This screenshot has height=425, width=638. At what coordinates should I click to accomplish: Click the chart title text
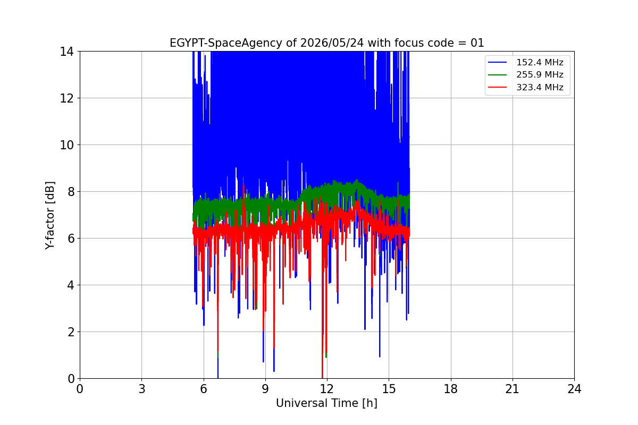(x=326, y=43)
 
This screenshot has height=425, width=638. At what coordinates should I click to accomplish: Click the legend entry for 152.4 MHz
(x=525, y=62)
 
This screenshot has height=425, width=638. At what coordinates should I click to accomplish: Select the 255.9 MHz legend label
(x=540, y=74)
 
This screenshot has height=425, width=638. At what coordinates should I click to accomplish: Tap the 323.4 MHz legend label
(x=540, y=87)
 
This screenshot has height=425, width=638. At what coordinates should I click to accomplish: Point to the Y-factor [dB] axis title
(x=49, y=216)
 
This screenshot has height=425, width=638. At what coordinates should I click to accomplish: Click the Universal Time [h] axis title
(x=326, y=403)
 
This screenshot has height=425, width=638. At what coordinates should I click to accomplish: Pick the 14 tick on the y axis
(x=66, y=52)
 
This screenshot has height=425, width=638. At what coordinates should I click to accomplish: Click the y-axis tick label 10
(x=66, y=145)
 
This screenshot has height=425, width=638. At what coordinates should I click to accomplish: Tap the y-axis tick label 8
(x=71, y=192)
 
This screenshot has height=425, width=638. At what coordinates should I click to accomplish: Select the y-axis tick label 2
(x=71, y=332)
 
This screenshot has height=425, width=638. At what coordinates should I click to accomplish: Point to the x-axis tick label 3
(x=142, y=389)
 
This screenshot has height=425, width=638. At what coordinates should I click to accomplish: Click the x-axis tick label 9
(x=265, y=389)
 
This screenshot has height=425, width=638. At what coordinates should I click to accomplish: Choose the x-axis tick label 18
(x=451, y=389)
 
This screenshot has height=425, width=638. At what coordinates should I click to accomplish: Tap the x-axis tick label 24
(x=574, y=389)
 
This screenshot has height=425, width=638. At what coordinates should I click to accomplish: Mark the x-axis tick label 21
(x=513, y=389)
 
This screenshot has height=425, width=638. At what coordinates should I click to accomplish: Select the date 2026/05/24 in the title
(x=332, y=43)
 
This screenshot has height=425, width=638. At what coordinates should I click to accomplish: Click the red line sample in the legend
(x=497, y=87)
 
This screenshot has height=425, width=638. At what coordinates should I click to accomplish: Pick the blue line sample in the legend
(x=497, y=62)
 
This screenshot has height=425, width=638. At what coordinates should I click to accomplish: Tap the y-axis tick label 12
(x=66, y=98)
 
